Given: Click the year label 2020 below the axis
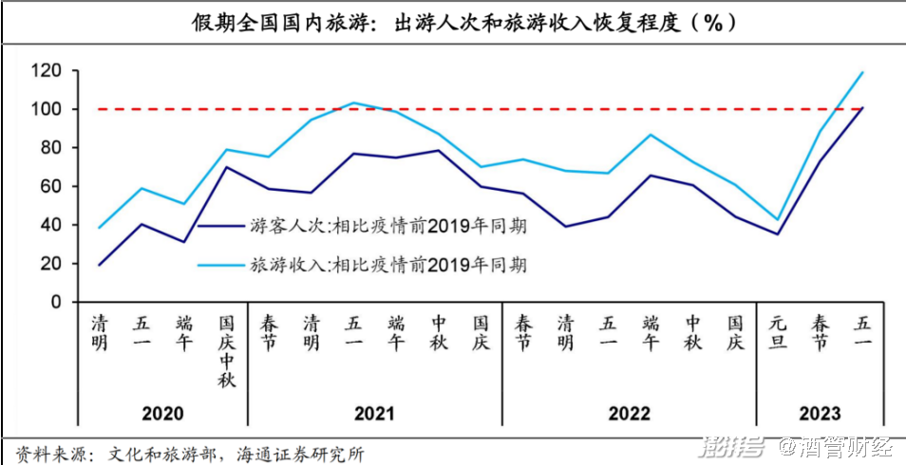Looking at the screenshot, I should [x=162, y=414].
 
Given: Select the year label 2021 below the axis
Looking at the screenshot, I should [x=374, y=414].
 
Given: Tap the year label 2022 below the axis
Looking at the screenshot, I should [x=629, y=414].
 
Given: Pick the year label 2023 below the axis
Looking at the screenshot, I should [x=820, y=414].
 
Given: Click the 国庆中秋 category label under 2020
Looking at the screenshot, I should [x=227, y=351].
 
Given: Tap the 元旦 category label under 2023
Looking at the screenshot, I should [x=778, y=333].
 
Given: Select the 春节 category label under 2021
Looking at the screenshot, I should [x=270, y=333].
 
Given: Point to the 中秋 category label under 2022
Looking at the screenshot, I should [x=693, y=333].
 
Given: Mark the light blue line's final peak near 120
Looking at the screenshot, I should [x=862, y=72].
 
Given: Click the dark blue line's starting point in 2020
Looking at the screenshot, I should [x=99, y=265].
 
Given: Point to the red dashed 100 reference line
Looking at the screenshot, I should [x=475, y=109].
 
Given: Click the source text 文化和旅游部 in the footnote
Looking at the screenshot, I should [x=152, y=454].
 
